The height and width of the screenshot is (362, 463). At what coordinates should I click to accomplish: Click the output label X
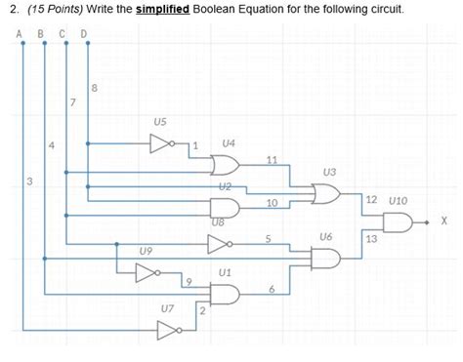point(443,221)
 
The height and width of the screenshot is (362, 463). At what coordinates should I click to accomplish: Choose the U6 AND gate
point(324,258)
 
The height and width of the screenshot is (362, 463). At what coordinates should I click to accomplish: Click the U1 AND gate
point(225,292)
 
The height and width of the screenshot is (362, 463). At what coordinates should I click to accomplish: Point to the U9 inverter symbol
point(147,272)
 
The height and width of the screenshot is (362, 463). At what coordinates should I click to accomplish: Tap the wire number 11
point(272,159)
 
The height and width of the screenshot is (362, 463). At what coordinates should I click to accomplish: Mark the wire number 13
point(371,238)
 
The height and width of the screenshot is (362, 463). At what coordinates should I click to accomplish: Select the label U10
point(398,200)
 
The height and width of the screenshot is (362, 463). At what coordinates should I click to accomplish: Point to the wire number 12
point(371,200)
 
